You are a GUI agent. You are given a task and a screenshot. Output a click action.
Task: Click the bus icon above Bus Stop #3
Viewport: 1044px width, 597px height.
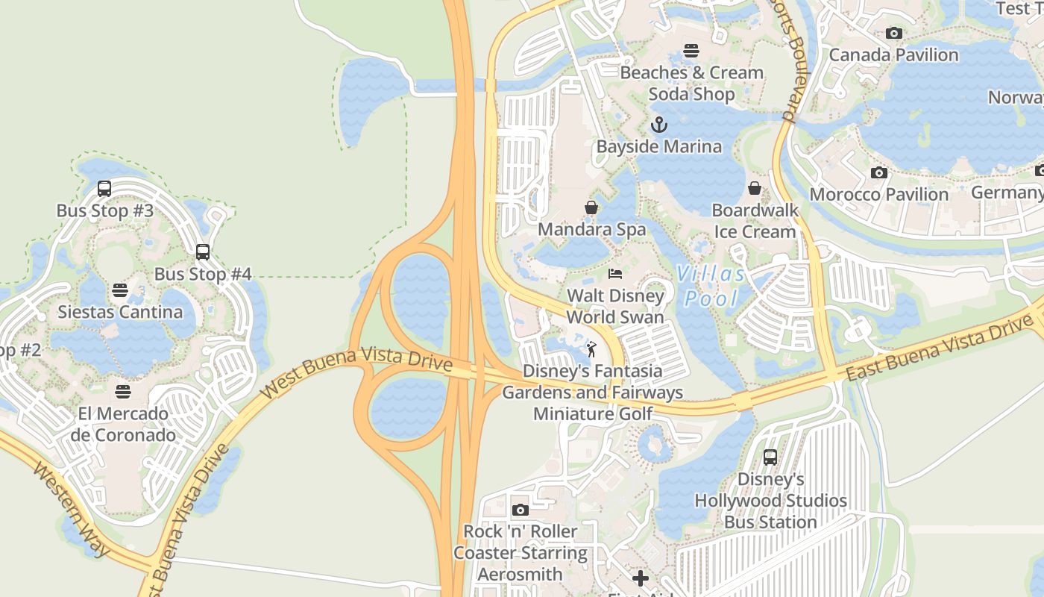click(104, 189)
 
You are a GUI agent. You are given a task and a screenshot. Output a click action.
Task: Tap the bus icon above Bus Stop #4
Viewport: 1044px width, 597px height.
click(202, 252)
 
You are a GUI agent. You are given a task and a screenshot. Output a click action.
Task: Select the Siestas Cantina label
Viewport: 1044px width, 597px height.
click(120, 312)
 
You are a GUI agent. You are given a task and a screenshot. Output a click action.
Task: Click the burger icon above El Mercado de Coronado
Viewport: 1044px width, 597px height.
click(123, 392)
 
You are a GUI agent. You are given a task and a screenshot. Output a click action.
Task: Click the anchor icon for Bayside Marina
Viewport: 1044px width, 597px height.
click(658, 125)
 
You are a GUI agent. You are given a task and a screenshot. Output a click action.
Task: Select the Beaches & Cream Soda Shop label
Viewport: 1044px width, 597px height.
click(691, 83)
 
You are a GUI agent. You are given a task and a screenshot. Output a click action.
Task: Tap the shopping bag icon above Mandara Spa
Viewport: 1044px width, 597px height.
click(591, 207)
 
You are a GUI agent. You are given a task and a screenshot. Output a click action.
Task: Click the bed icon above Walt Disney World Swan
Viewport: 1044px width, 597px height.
click(615, 274)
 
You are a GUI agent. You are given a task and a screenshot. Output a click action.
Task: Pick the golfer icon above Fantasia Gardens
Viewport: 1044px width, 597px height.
click(591, 348)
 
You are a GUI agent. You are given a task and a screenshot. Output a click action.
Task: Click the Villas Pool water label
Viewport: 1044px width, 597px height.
click(711, 287)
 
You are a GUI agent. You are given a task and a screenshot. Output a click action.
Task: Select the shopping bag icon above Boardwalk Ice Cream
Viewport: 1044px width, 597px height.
click(755, 188)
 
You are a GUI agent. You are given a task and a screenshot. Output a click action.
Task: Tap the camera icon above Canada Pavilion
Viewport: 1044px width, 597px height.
click(893, 33)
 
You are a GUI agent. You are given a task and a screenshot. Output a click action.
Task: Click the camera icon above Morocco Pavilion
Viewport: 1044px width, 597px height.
click(879, 173)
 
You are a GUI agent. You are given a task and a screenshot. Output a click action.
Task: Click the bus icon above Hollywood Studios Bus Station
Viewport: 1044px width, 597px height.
click(770, 457)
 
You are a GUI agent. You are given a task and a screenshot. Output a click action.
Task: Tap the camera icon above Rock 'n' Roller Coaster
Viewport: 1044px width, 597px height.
click(521, 510)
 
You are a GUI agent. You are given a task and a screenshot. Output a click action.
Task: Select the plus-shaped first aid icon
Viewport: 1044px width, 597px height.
click(641, 578)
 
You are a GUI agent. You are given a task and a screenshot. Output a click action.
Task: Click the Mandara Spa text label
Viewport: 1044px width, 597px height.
click(591, 229)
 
